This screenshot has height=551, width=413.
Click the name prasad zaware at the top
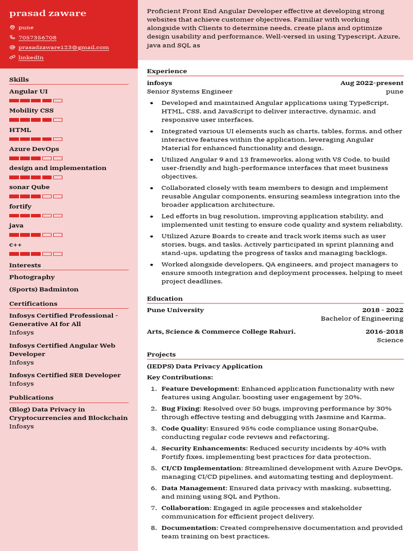(47, 13)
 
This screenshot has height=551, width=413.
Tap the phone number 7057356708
(37, 38)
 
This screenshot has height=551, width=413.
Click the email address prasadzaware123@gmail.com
(63, 47)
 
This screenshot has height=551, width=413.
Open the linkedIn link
(31, 58)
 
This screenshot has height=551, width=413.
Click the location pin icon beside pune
(12, 27)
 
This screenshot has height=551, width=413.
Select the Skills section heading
(19, 80)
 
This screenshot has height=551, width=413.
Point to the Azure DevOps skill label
(34, 149)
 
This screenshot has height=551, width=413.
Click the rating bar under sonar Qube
(35, 196)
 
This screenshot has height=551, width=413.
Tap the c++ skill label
(16, 245)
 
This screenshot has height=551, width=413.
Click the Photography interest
(32, 277)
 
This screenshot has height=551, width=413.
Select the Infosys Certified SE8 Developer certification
(65, 375)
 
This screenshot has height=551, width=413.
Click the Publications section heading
(31, 398)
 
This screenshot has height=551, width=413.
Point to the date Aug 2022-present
(372, 83)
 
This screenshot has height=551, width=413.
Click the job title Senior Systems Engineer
(189, 91)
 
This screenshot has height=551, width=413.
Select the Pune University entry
(175, 310)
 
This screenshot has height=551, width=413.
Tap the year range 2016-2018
(384, 331)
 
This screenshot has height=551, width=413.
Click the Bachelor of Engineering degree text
(362, 319)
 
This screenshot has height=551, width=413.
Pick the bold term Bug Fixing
(180, 408)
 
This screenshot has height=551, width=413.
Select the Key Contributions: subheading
(180, 377)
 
